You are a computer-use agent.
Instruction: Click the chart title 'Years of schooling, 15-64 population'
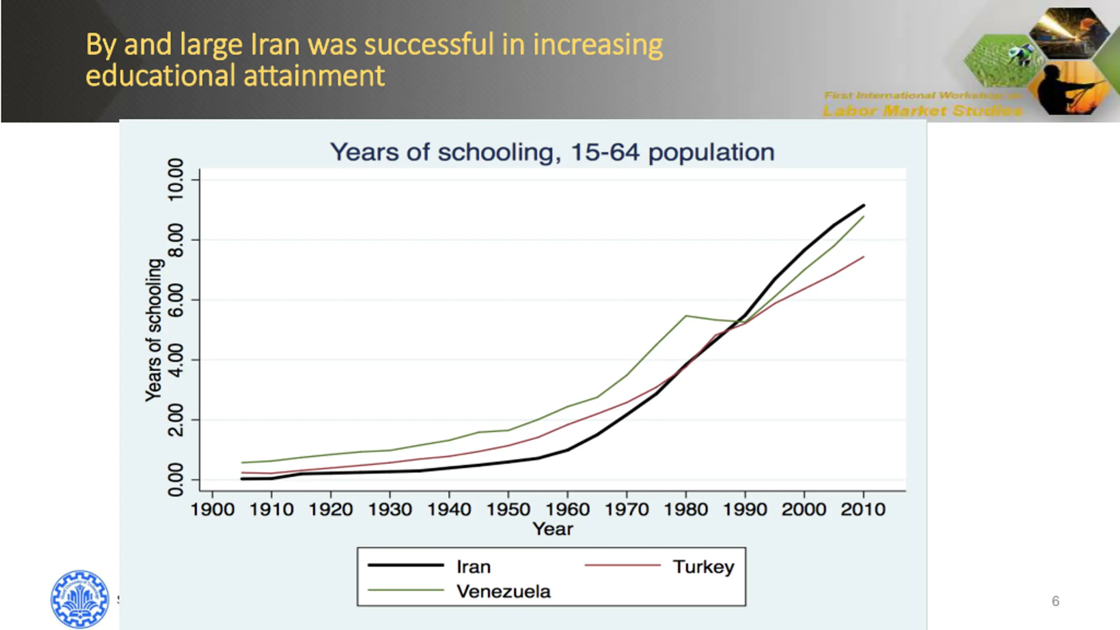(552, 152)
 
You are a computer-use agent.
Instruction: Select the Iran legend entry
(473, 567)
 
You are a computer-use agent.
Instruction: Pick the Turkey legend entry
(703, 567)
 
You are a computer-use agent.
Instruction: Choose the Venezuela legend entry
(503, 591)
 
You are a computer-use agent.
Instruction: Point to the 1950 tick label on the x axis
(508, 510)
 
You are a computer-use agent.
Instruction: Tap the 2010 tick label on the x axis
(863, 510)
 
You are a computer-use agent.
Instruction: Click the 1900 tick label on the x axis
(212, 510)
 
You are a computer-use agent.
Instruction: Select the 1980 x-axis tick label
(686, 510)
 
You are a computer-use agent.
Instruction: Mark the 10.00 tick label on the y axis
(176, 180)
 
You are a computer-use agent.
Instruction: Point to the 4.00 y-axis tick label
(176, 360)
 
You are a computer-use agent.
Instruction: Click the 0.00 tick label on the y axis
(176, 479)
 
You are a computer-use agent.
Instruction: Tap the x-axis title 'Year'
(553, 529)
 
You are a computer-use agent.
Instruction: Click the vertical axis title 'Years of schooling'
(154, 330)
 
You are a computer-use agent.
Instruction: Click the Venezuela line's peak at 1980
(686, 315)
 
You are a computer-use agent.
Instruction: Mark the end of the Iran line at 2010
(864, 205)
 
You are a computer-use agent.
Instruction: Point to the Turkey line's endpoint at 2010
(864, 257)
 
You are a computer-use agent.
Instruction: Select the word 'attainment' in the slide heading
(314, 76)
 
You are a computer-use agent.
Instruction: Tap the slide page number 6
(1055, 601)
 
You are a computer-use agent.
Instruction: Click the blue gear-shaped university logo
(80, 598)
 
